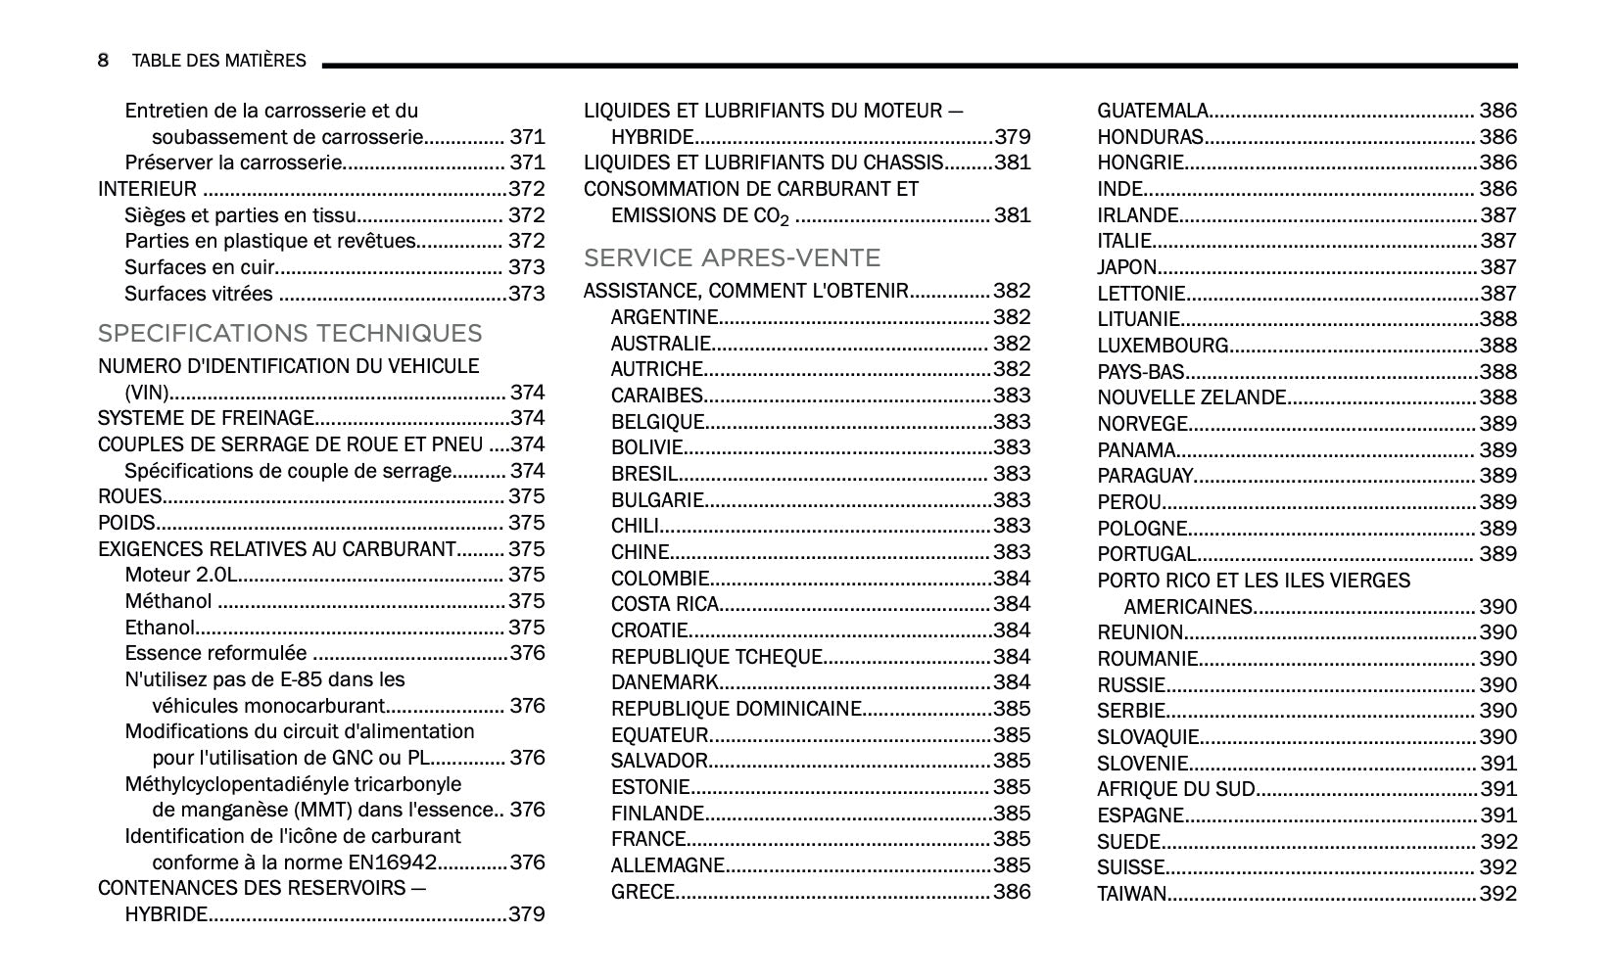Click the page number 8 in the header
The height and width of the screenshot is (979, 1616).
point(103,61)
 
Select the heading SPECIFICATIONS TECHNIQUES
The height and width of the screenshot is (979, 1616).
point(290,334)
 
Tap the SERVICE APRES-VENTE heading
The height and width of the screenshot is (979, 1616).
point(732,258)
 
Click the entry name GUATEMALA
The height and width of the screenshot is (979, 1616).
point(1152,112)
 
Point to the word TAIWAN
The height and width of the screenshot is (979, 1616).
point(1131,894)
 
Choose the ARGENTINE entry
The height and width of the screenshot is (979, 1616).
point(664,317)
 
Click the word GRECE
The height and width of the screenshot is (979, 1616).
point(642,892)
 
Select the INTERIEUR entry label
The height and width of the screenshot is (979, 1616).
point(147,190)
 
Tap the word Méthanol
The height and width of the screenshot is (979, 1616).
point(167,602)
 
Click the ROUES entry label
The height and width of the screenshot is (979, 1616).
point(129,497)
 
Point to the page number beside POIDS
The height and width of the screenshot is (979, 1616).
point(526,524)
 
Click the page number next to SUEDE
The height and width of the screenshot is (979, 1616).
point(1497,842)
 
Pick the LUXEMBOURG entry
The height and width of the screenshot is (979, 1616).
point(1163,346)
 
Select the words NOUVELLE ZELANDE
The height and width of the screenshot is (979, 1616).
point(1191,398)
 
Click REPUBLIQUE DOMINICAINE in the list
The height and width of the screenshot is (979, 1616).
point(736,709)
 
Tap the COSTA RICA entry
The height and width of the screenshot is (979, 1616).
point(665,604)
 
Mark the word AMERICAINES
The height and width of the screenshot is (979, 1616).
point(1188,607)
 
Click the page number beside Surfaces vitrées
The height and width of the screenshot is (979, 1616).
point(526,294)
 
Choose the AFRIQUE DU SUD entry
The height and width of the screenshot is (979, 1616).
point(1175,789)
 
